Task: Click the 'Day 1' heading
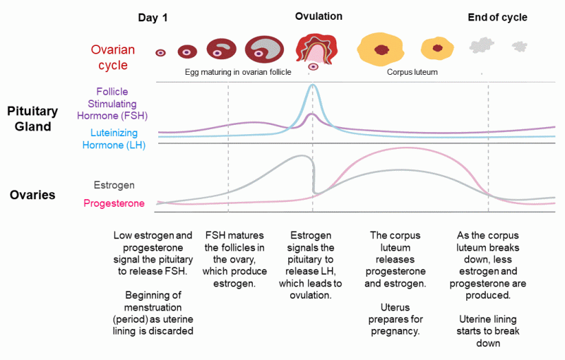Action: click(153, 18)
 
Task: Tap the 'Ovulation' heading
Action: click(319, 16)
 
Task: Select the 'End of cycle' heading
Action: click(497, 17)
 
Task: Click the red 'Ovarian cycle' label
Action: click(113, 57)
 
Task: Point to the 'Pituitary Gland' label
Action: click(32, 119)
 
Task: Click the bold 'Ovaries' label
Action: click(32, 195)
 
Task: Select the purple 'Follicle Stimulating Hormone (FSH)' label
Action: click(112, 104)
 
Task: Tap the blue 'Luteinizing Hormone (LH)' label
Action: click(114, 139)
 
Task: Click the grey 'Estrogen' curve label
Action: click(114, 185)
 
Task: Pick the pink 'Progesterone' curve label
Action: click(114, 203)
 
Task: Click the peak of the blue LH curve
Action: click(312, 85)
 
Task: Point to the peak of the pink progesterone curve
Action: click(406, 148)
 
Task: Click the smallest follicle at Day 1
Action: click(160, 53)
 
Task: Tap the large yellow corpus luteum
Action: click(381, 49)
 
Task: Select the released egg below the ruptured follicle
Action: click(314, 66)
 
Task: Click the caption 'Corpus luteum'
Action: click(412, 72)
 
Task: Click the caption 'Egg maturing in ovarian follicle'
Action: click(238, 72)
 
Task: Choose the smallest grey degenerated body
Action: click(520, 47)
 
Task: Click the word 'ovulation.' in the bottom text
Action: click(310, 295)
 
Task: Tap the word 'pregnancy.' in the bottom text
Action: click(395, 331)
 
